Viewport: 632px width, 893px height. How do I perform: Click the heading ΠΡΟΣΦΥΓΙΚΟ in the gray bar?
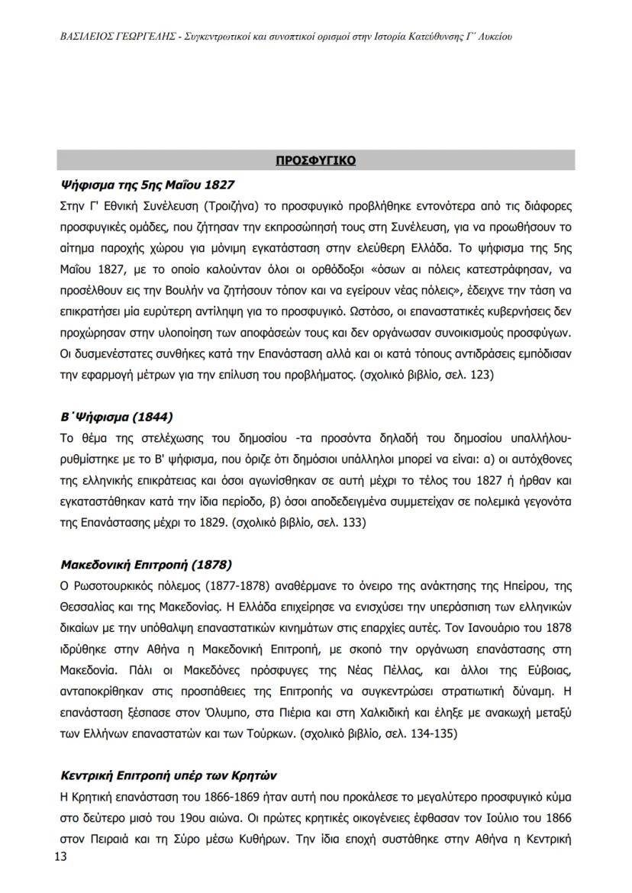click(x=315, y=161)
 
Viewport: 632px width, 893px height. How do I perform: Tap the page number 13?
click(x=61, y=857)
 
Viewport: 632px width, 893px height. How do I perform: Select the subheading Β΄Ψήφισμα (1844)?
click(x=117, y=417)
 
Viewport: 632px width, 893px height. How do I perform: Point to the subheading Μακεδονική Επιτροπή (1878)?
click(x=146, y=565)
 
